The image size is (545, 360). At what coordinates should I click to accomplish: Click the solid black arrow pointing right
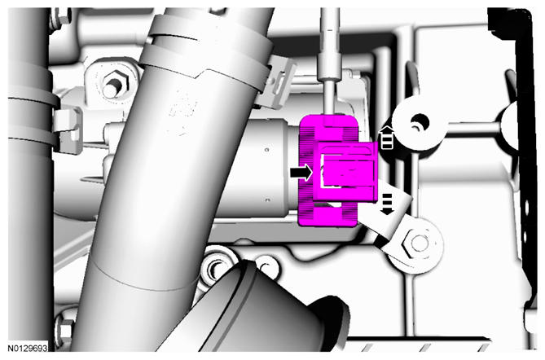[301, 173]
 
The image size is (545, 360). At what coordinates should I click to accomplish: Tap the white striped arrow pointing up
[387, 138]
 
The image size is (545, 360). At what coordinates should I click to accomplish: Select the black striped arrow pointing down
[387, 204]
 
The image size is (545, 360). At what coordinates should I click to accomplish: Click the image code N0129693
[28, 348]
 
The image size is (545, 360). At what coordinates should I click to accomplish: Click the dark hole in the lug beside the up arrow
[420, 123]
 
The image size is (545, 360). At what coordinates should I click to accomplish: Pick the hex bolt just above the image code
[65, 330]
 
